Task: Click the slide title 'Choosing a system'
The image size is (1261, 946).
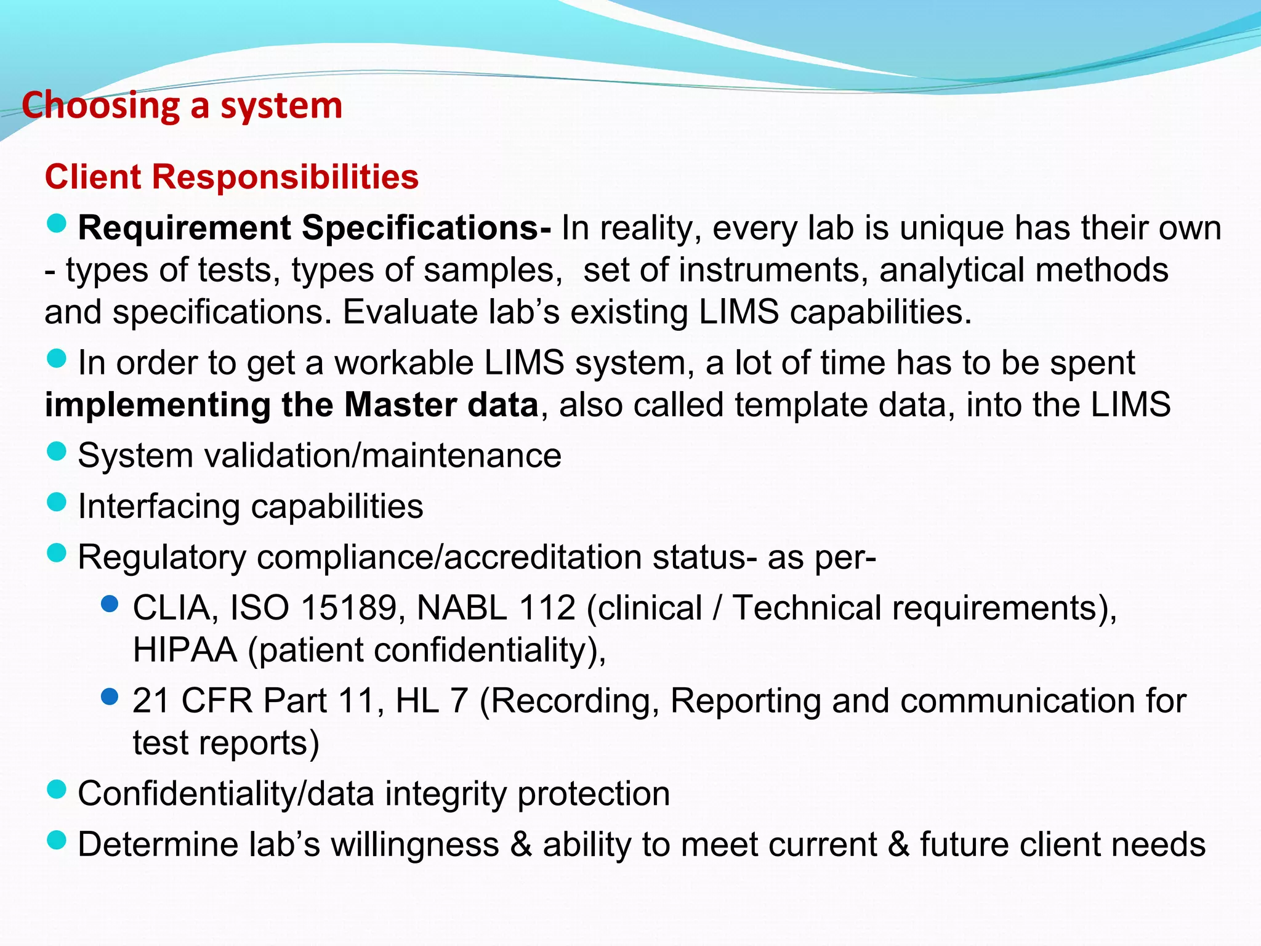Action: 182,106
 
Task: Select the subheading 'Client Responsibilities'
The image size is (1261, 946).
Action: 232,177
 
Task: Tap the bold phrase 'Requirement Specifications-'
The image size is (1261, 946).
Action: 314,228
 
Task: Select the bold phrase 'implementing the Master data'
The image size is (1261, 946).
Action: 292,406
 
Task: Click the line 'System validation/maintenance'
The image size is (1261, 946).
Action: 319,456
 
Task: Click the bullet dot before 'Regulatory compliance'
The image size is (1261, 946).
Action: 56,553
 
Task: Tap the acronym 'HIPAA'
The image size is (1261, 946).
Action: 185,650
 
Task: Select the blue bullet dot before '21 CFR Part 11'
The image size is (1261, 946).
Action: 109,697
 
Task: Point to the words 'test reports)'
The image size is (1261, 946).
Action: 225,743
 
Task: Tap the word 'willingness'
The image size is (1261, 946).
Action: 415,844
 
